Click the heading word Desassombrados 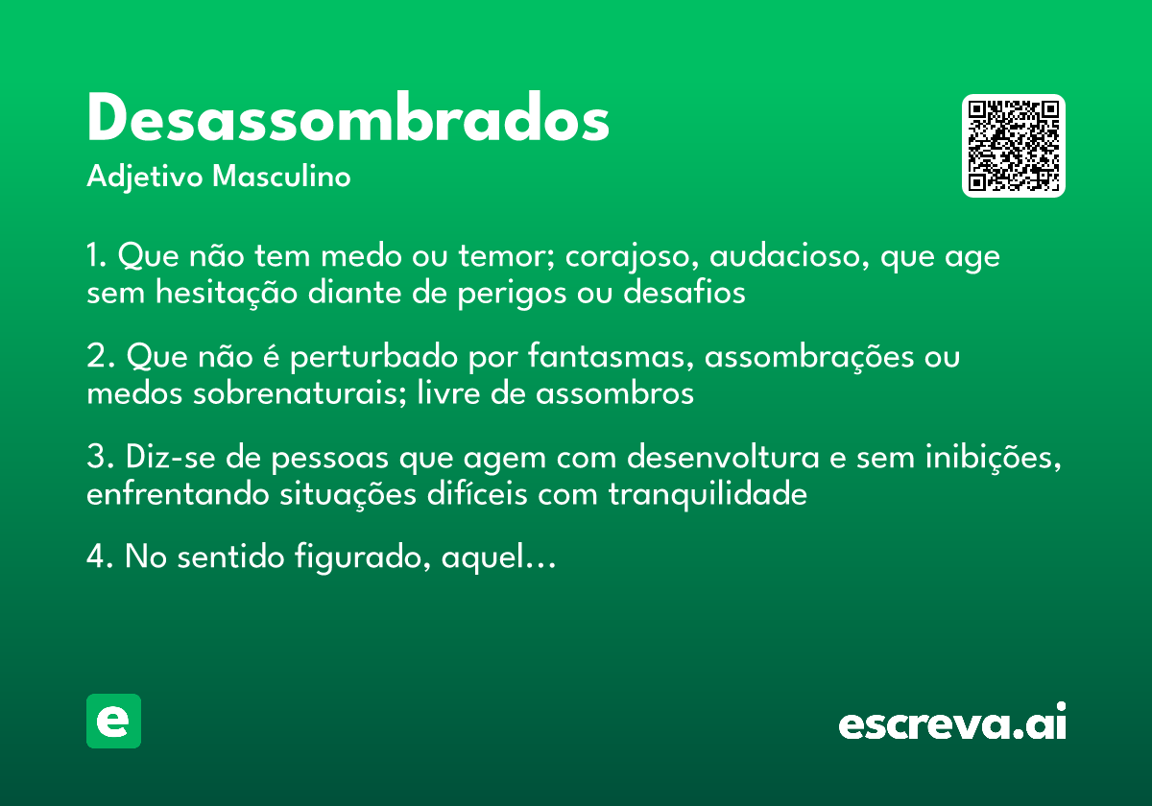(348, 120)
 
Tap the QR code (1014, 146)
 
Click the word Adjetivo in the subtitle (144, 178)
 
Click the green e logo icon (113, 721)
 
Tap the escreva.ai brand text (952, 723)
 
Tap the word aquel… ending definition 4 (498, 558)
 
